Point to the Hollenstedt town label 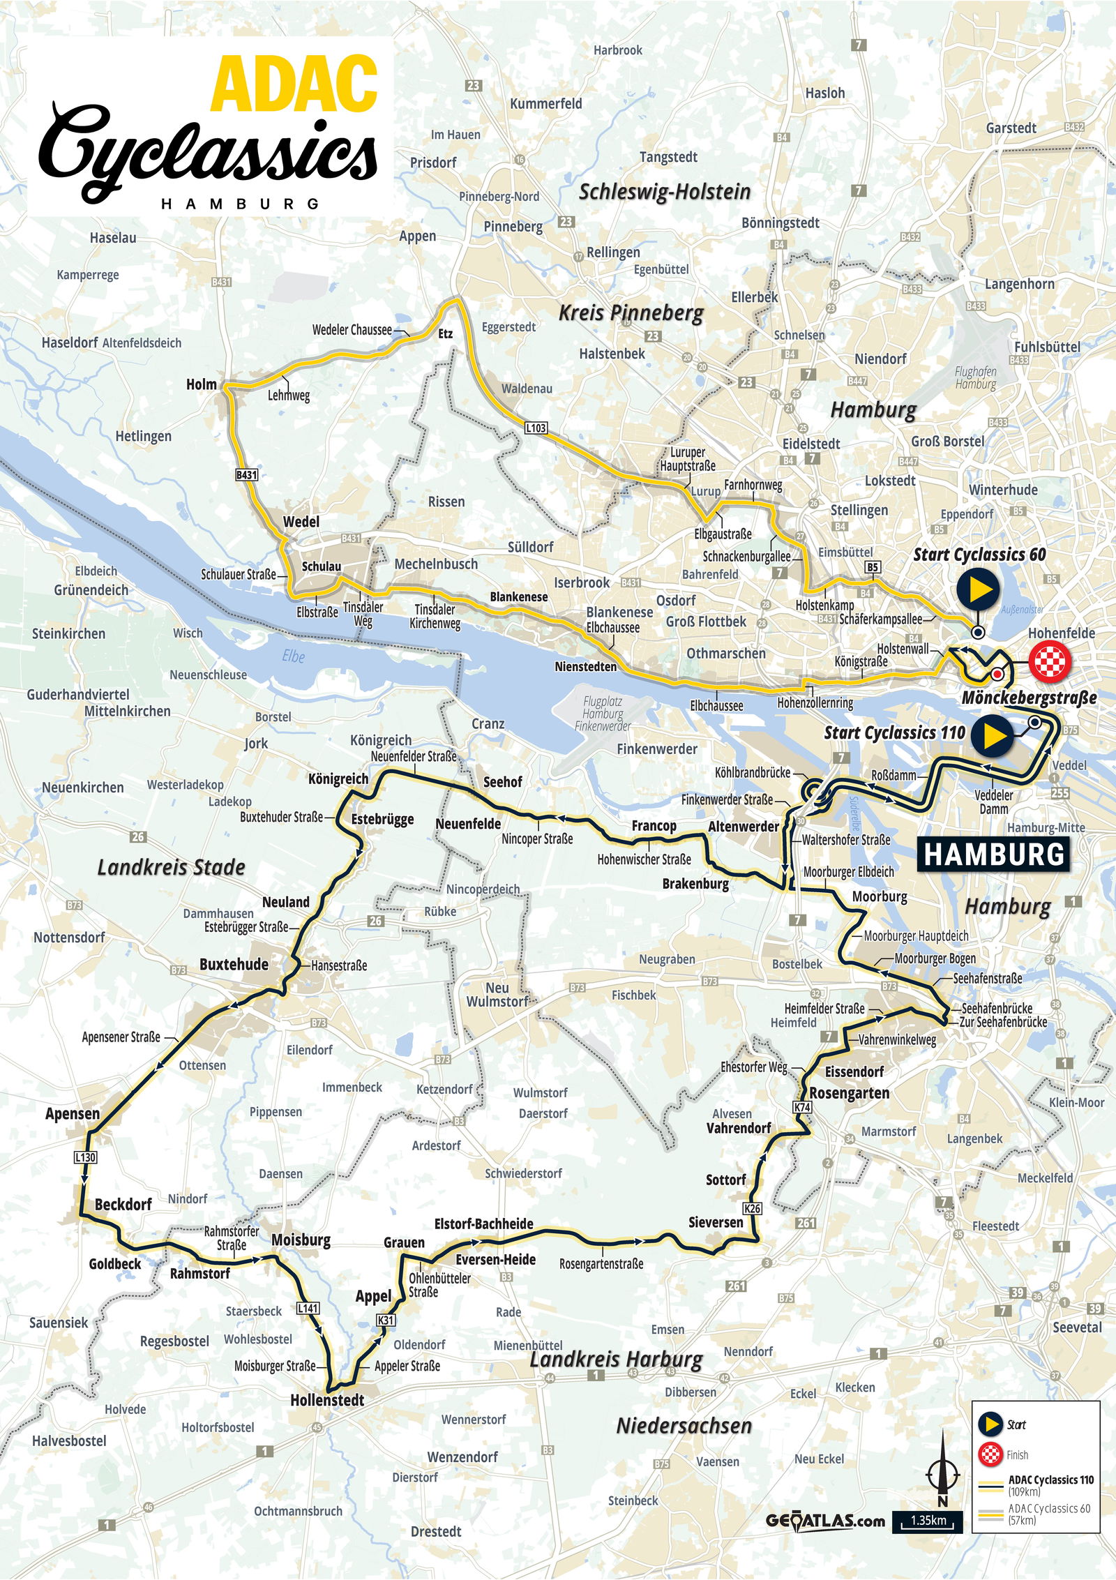(327, 1399)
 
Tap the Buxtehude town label (234, 965)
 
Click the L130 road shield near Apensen (85, 1157)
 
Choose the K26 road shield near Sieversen (752, 1209)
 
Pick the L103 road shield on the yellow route (536, 428)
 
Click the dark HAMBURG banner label (994, 855)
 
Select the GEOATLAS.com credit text (825, 1521)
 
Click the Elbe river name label (294, 656)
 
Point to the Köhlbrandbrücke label (753, 773)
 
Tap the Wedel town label (301, 522)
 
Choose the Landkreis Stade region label (171, 867)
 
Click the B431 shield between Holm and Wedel (246, 475)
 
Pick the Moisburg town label (301, 1240)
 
